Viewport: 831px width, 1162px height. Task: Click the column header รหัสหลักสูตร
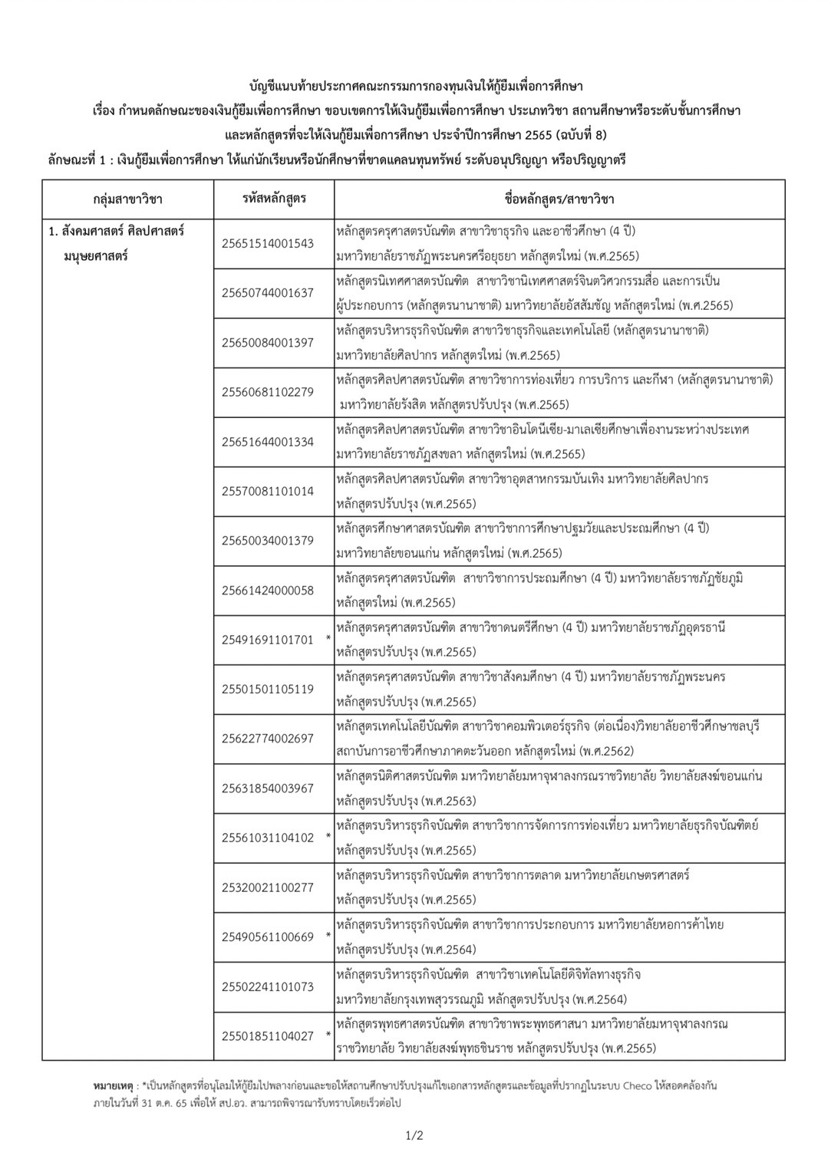pos(274,199)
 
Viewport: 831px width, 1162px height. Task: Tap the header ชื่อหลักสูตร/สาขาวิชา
pos(559,199)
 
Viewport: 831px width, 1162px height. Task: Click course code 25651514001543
pos(267,243)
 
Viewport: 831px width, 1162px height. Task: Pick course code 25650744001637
pos(267,293)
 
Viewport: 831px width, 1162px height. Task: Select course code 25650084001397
pos(267,342)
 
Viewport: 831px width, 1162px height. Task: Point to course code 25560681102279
pos(267,392)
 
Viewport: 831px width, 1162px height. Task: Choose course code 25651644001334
pos(267,441)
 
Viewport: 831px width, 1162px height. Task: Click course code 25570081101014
pos(267,491)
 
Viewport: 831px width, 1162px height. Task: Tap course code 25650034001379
pos(267,540)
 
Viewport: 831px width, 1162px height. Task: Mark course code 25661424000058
pos(267,590)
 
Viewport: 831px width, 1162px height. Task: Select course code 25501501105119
pos(267,689)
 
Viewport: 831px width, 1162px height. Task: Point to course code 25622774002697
pos(267,738)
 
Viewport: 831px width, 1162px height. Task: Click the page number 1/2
pos(414,1136)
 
